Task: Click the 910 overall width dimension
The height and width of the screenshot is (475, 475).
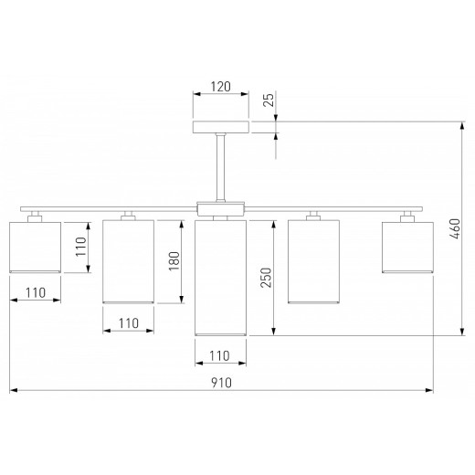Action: pyautogui.click(x=221, y=383)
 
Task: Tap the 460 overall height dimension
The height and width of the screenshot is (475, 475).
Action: pyautogui.click(x=456, y=228)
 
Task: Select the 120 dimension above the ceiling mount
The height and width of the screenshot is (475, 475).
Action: pyautogui.click(x=221, y=87)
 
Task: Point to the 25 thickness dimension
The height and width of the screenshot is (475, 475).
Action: pyautogui.click(x=269, y=100)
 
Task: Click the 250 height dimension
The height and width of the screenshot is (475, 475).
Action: pyautogui.click(x=266, y=278)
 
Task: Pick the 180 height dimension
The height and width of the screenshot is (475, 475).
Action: pyautogui.click(x=174, y=261)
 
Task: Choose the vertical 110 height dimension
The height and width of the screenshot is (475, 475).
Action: pyautogui.click(x=81, y=247)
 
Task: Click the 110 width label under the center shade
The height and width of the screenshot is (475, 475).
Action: pyautogui.click(x=219, y=355)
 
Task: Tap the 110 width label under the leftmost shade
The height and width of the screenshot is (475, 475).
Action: pyautogui.click(x=36, y=293)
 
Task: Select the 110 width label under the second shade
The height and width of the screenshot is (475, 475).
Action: pyautogui.click(x=128, y=323)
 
